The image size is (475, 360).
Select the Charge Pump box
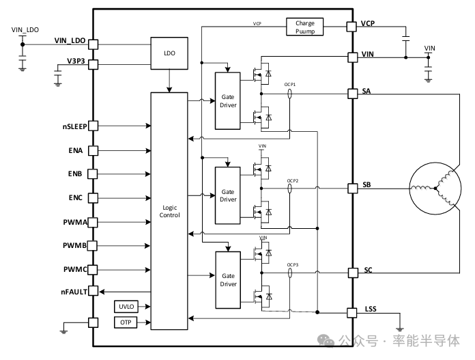click(x=304, y=27)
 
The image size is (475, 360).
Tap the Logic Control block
click(x=169, y=211)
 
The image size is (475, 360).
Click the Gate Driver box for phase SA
click(x=228, y=100)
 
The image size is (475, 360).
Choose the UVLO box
click(x=126, y=307)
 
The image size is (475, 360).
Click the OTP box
click(x=126, y=322)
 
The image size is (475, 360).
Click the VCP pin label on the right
click(x=369, y=24)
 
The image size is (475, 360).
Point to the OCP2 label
click(x=292, y=182)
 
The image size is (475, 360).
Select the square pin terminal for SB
click(x=353, y=187)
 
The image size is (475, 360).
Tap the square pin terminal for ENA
click(x=93, y=150)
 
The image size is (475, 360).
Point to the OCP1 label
click(x=289, y=85)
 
